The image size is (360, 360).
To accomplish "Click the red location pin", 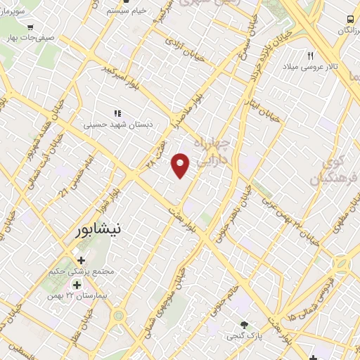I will [x=181, y=165].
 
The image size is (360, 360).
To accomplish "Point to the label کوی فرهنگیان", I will [x=333, y=169].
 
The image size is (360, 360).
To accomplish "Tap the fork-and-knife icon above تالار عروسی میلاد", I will [x=310, y=54].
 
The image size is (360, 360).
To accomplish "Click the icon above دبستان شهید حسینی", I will [x=117, y=112].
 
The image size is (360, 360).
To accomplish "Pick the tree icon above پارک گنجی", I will [x=244, y=325].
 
